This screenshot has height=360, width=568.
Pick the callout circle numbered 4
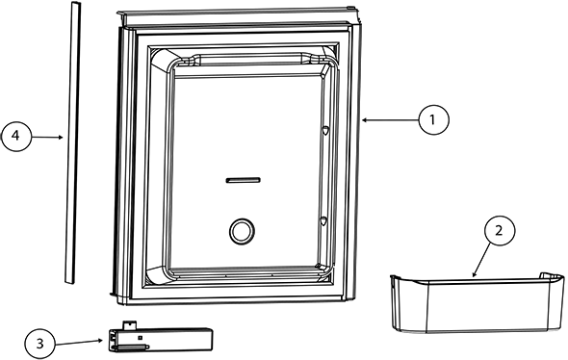15,138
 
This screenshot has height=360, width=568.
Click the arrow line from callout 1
390,119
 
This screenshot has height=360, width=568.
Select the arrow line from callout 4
47,138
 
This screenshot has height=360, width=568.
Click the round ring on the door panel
240,230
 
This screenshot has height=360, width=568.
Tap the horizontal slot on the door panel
242,179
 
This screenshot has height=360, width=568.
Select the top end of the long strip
75,5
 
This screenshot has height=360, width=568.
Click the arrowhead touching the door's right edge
366,119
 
